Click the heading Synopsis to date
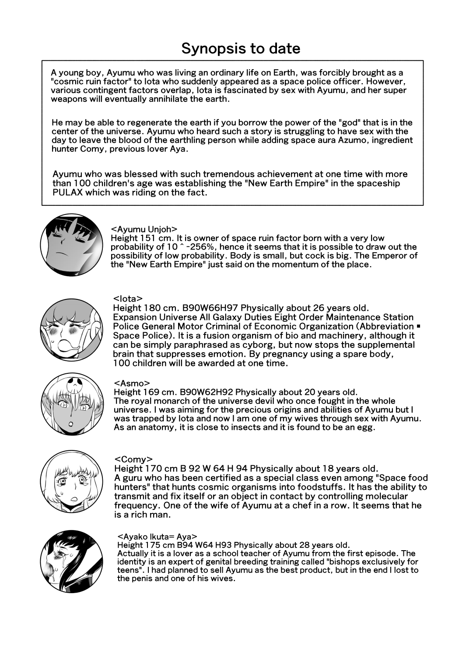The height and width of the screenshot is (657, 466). pyautogui.click(x=241, y=48)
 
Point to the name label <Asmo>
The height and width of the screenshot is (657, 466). pyautogui.click(x=131, y=383)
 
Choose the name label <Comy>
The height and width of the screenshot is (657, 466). pyautogui.click(x=133, y=459)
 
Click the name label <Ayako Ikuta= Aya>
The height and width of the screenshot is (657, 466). pyautogui.click(x=158, y=536)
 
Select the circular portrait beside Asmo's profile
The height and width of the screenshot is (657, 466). pyautogui.click(x=72, y=404)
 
